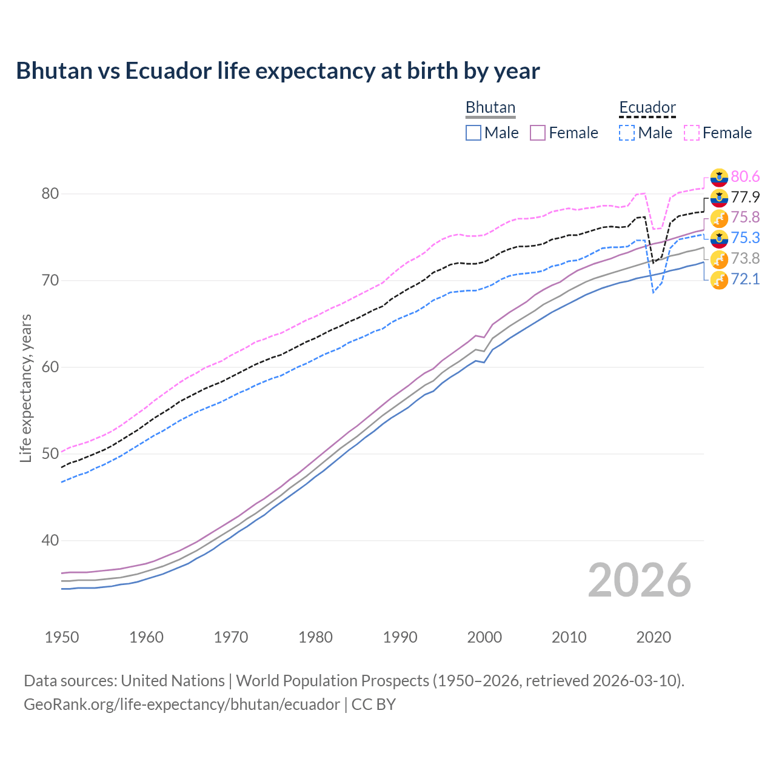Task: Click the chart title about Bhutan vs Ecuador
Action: click(278, 71)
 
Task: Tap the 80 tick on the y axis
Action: click(50, 194)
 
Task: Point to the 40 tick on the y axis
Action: click(50, 540)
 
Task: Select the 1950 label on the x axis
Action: click(62, 637)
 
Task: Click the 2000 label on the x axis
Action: click(484, 637)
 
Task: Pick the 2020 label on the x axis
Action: click(654, 637)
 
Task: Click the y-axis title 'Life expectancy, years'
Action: click(25, 388)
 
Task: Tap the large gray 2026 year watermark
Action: click(639, 580)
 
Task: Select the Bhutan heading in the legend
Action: click(490, 107)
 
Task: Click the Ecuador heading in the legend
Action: click(647, 107)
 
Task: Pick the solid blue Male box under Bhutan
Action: click(473, 133)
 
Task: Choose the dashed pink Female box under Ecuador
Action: click(692, 133)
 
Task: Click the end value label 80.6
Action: click(745, 176)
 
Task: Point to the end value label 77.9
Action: click(745, 197)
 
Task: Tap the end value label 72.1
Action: click(745, 279)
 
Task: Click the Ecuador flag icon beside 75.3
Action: click(719, 238)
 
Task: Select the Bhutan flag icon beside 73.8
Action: click(719, 259)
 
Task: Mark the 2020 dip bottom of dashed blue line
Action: click(653, 293)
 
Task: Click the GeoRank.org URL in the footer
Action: click(182, 704)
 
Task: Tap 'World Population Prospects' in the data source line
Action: click(332, 681)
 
